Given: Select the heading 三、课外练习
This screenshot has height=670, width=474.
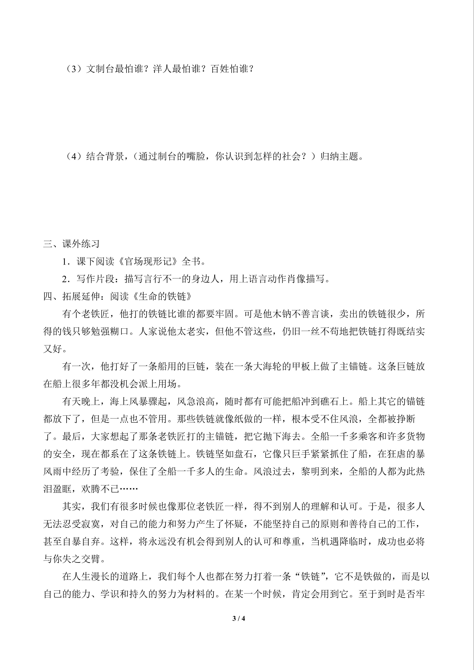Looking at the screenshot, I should pyautogui.click(x=71, y=244).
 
